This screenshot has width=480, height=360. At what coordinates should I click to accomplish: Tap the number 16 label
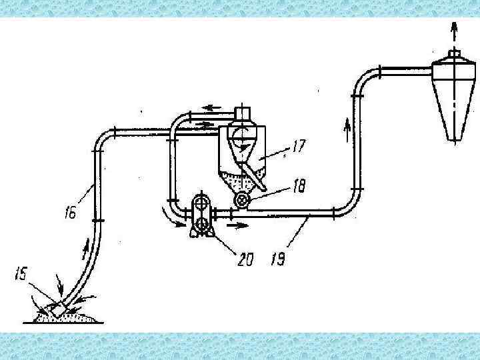71,214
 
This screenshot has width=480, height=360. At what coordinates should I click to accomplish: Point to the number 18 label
298,189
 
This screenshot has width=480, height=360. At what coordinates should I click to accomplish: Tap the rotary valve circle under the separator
242,201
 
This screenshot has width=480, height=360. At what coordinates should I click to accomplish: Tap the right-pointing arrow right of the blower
237,225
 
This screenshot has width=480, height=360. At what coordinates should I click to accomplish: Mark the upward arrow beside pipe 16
85,249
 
